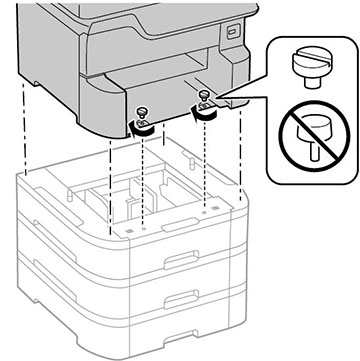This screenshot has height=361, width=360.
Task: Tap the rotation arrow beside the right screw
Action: [207, 113]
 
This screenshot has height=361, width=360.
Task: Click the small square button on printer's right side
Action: [235, 32]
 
